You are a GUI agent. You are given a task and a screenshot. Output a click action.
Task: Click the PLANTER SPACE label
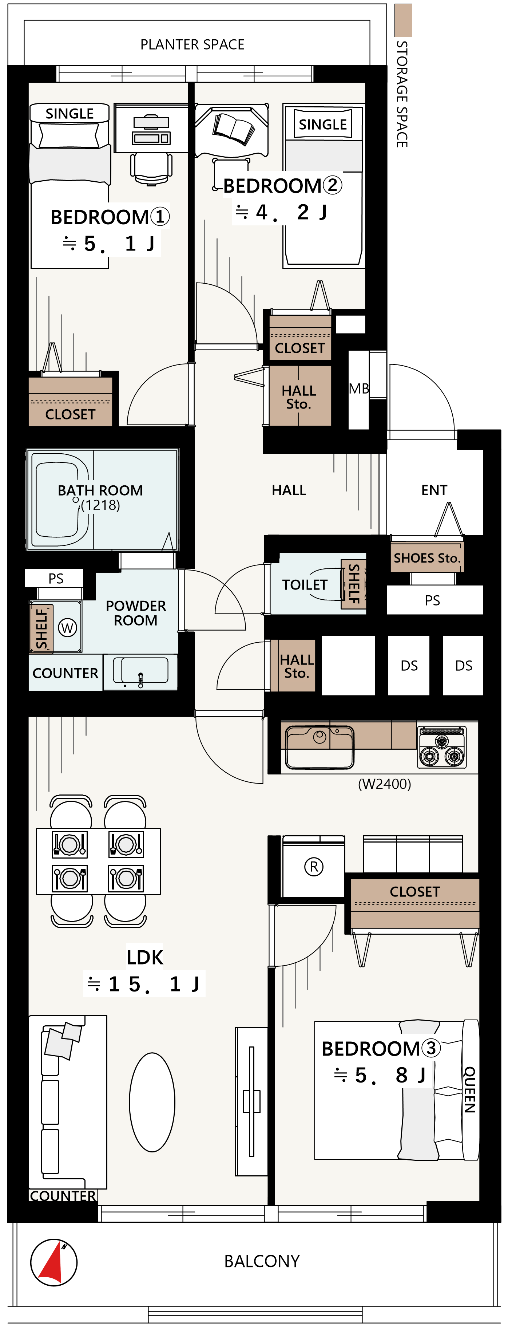click(x=193, y=44)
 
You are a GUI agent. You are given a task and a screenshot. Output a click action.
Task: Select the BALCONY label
click(x=262, y=1261)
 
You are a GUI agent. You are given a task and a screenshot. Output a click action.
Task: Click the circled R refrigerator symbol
click(x=313, y=866)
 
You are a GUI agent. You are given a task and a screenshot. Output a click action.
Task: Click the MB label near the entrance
click(x=359, y=389)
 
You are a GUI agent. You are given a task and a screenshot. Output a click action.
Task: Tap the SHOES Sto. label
click(x=426, y=558)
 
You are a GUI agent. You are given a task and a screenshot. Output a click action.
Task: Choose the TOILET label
click(x=305, y=584)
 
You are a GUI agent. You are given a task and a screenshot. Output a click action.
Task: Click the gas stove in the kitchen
click(x=442, y=748)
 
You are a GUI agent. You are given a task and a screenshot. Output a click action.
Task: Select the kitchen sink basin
click(x=319, y=747)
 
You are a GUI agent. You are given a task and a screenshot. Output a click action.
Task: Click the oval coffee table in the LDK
click(x=152, y=1103)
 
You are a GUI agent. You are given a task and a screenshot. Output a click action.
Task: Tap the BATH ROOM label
click(x=100, y=490)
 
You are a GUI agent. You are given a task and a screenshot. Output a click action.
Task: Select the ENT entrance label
click(x=434, y=490)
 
